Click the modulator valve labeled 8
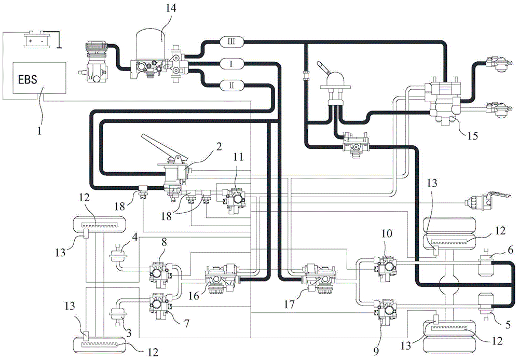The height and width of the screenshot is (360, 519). [157, 269]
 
